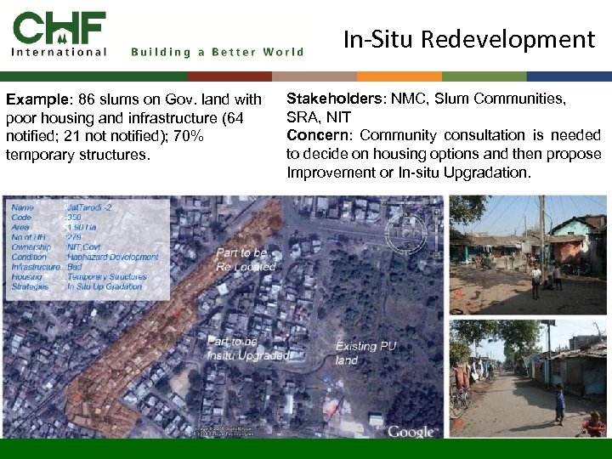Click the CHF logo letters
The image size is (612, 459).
(59, 27)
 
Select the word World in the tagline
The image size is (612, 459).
(283, 52)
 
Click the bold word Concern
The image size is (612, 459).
(315, 135)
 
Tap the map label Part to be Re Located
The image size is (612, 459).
(246, 259)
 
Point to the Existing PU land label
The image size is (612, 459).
(365, 353)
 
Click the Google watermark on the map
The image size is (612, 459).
(411, 431)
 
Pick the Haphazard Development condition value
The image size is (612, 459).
(112, 257)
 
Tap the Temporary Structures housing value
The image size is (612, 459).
(107, 276)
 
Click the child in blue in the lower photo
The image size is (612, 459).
(559, 405)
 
